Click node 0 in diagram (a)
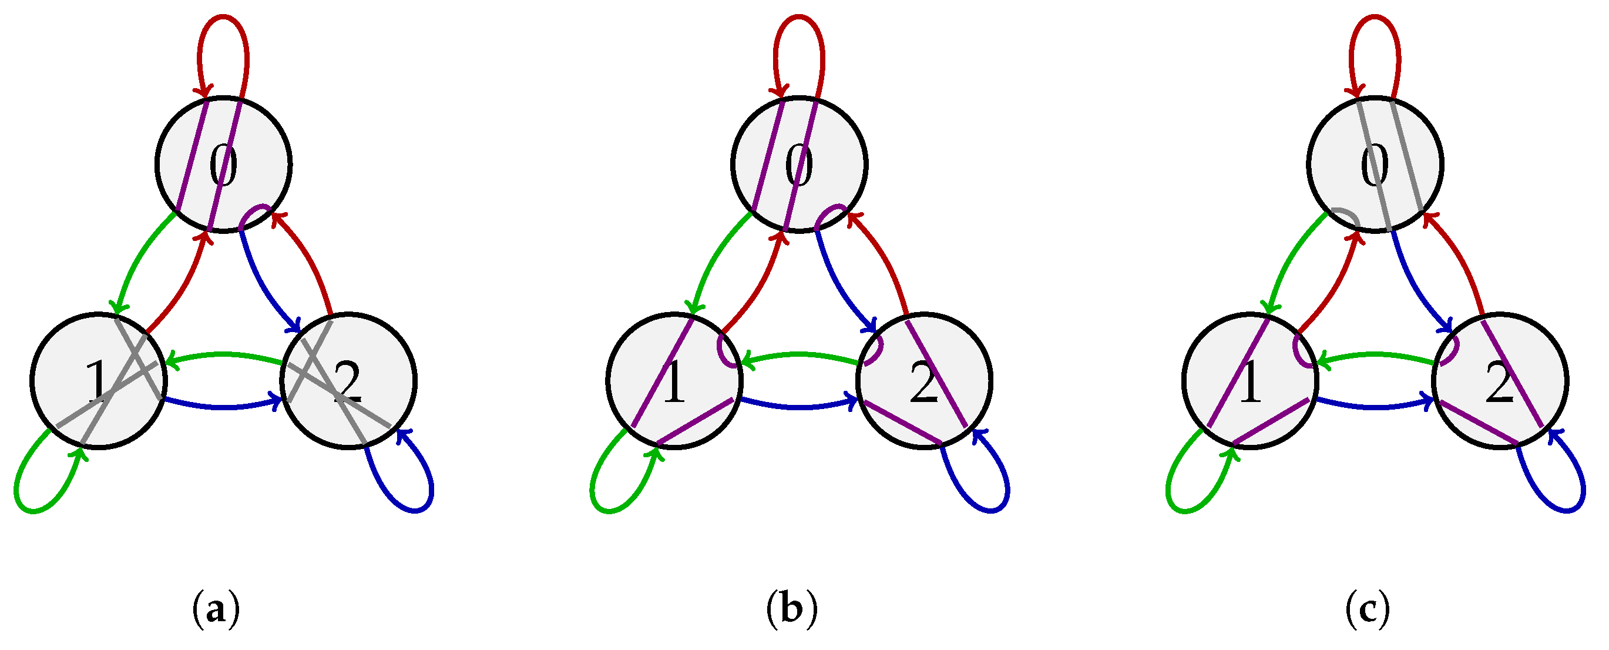click(224, 165)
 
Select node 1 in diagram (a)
click(98, 381)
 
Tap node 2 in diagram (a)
click(348, 381)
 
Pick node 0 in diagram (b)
click(800, 165)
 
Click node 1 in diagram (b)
click(674, 381)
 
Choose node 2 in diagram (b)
click(925, 381)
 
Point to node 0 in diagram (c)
click(1375, 165)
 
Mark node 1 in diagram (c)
click(1250, 381)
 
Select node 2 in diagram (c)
click(1500, 381)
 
